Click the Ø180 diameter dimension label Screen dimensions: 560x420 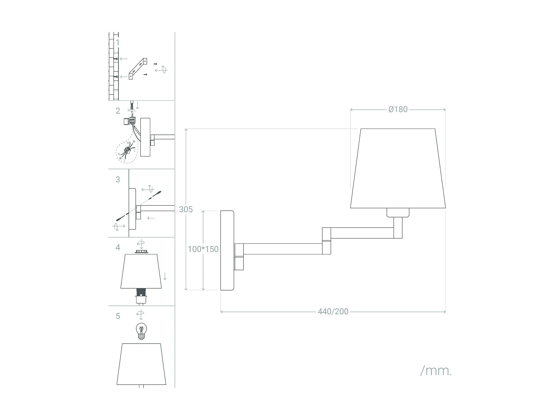(x=398, y=109)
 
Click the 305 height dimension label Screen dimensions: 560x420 (x=186, y=209)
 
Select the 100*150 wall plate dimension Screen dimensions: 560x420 (x=203, y=249)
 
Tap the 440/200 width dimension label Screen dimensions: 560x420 (x=333, y=311)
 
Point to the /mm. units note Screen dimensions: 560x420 (x=436, y=371)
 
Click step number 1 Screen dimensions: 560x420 (x=117, y=42)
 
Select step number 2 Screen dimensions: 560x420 (x=118, y=111)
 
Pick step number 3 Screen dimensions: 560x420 (x=118, y=179)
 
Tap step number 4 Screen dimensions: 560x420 (x=118, y=247)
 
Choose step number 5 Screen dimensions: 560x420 (x=118, y=316)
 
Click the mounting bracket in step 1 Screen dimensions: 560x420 (x=138, y=69)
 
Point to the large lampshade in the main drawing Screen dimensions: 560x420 (x=398, y=168)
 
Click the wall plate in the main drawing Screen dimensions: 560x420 (x=227, y=250)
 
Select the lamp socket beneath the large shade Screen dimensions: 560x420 (x=398, y=213)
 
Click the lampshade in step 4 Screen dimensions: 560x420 (x=141, y=271)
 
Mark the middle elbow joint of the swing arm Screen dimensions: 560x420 (x=326, y=241)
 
